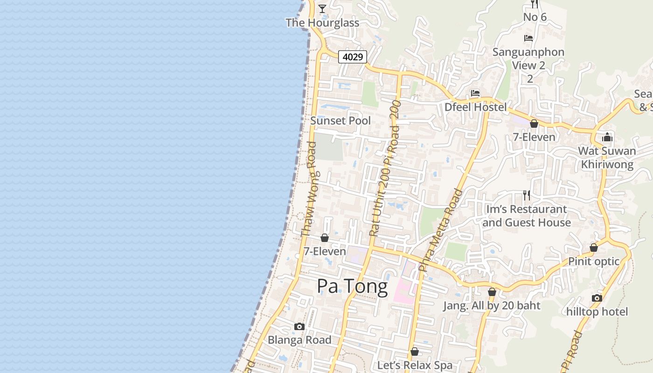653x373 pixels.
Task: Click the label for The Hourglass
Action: tap(322, 22)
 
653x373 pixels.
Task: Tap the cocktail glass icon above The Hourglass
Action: tap(322, 8)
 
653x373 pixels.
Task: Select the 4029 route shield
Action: tap(353, 57)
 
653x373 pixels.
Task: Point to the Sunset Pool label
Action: tap(340, 121)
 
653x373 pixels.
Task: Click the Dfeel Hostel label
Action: tap(475, 107)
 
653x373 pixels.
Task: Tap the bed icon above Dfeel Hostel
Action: tap(475, 93)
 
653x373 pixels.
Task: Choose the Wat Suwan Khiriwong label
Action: tap(607, 158)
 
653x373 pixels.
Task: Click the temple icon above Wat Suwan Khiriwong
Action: tap(607, 137)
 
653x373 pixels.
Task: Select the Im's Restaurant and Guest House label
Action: tap(527, 216)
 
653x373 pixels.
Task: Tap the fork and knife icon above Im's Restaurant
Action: tap(527, 195)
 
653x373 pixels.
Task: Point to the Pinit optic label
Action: tap(594, 261)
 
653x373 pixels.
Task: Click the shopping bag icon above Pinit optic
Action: tap(594, 248)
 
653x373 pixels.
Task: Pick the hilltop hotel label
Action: tap(597, 311)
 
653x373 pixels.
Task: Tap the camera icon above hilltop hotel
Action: tap(597, 298)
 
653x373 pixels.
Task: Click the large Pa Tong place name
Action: tap(352, 286)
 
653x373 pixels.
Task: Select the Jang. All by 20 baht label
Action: tap(492, 306)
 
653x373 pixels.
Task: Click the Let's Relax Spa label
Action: tap(415, 365)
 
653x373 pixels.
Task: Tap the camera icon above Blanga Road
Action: tap(299, 326)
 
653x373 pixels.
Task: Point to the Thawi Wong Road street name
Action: tap(308, 190)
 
